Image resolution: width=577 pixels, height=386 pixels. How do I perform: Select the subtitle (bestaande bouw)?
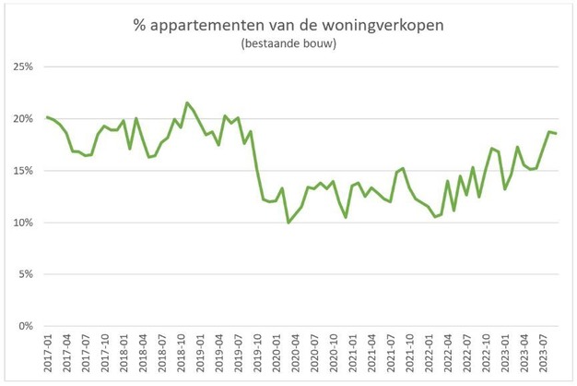(288, 43)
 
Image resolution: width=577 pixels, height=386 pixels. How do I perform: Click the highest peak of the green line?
(187, 103)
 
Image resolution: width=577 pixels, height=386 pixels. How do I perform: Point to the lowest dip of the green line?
(288, 223)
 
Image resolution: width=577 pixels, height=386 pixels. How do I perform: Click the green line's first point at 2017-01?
(47, 117)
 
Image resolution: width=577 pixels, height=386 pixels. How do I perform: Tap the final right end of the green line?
(556, 134)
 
